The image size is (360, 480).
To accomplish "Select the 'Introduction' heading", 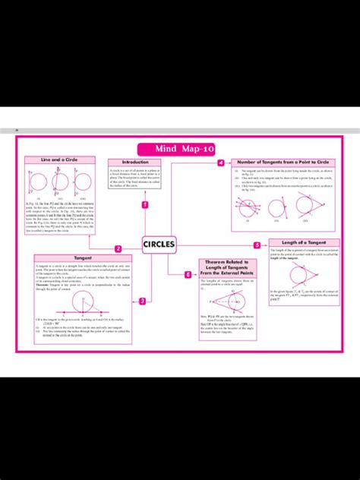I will [135, 162].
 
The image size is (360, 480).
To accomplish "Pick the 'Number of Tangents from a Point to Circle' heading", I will [283, 163].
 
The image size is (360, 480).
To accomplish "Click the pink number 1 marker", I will [144, 204].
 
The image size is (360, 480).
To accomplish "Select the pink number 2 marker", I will [118, 248].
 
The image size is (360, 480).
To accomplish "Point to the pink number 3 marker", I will [143, 302].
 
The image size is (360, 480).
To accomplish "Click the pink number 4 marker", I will [221, 163].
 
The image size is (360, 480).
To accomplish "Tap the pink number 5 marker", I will [257, 245].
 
